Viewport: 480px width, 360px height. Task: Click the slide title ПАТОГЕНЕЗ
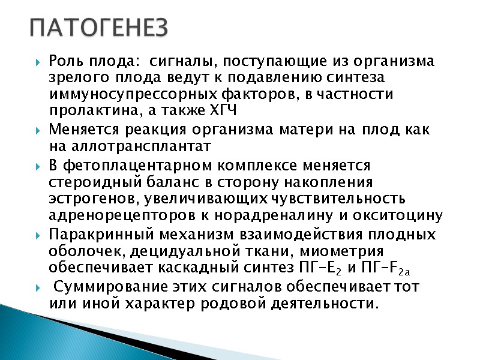pos(100,27)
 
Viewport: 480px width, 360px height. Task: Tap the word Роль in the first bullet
pos(65,61)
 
